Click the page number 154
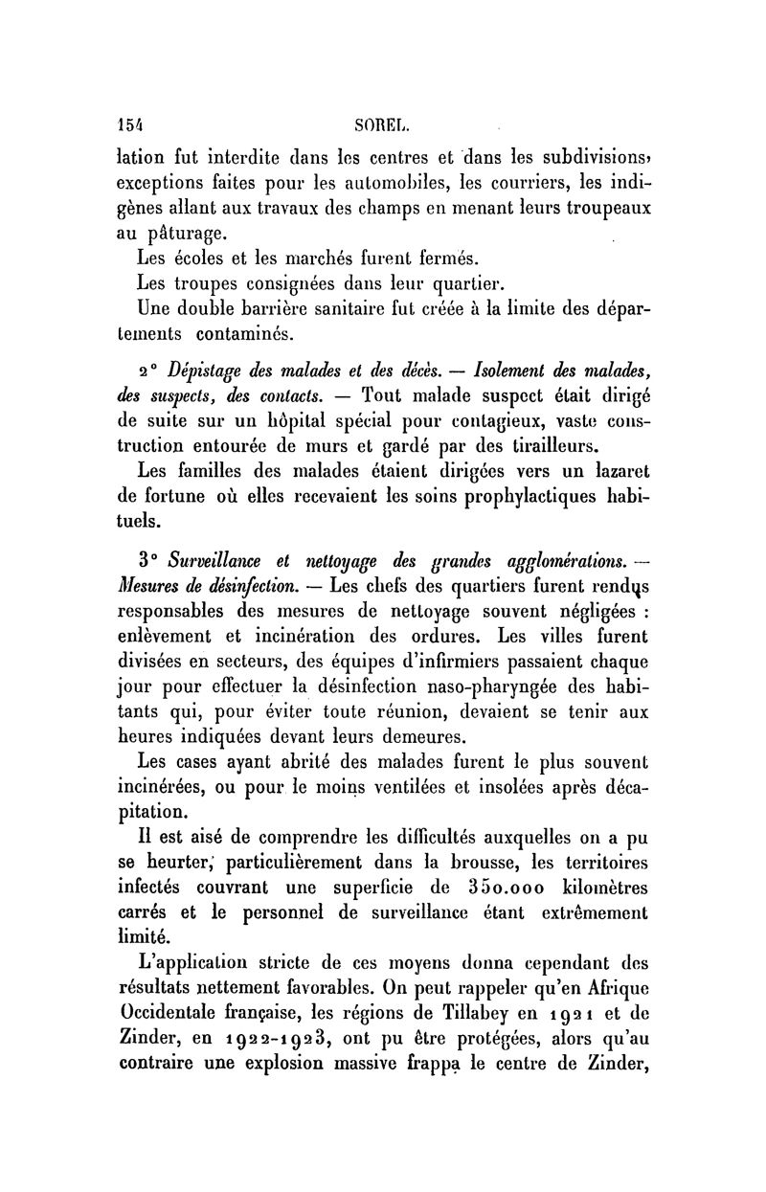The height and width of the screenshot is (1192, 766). pyautogui.click(x=128, y=123)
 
